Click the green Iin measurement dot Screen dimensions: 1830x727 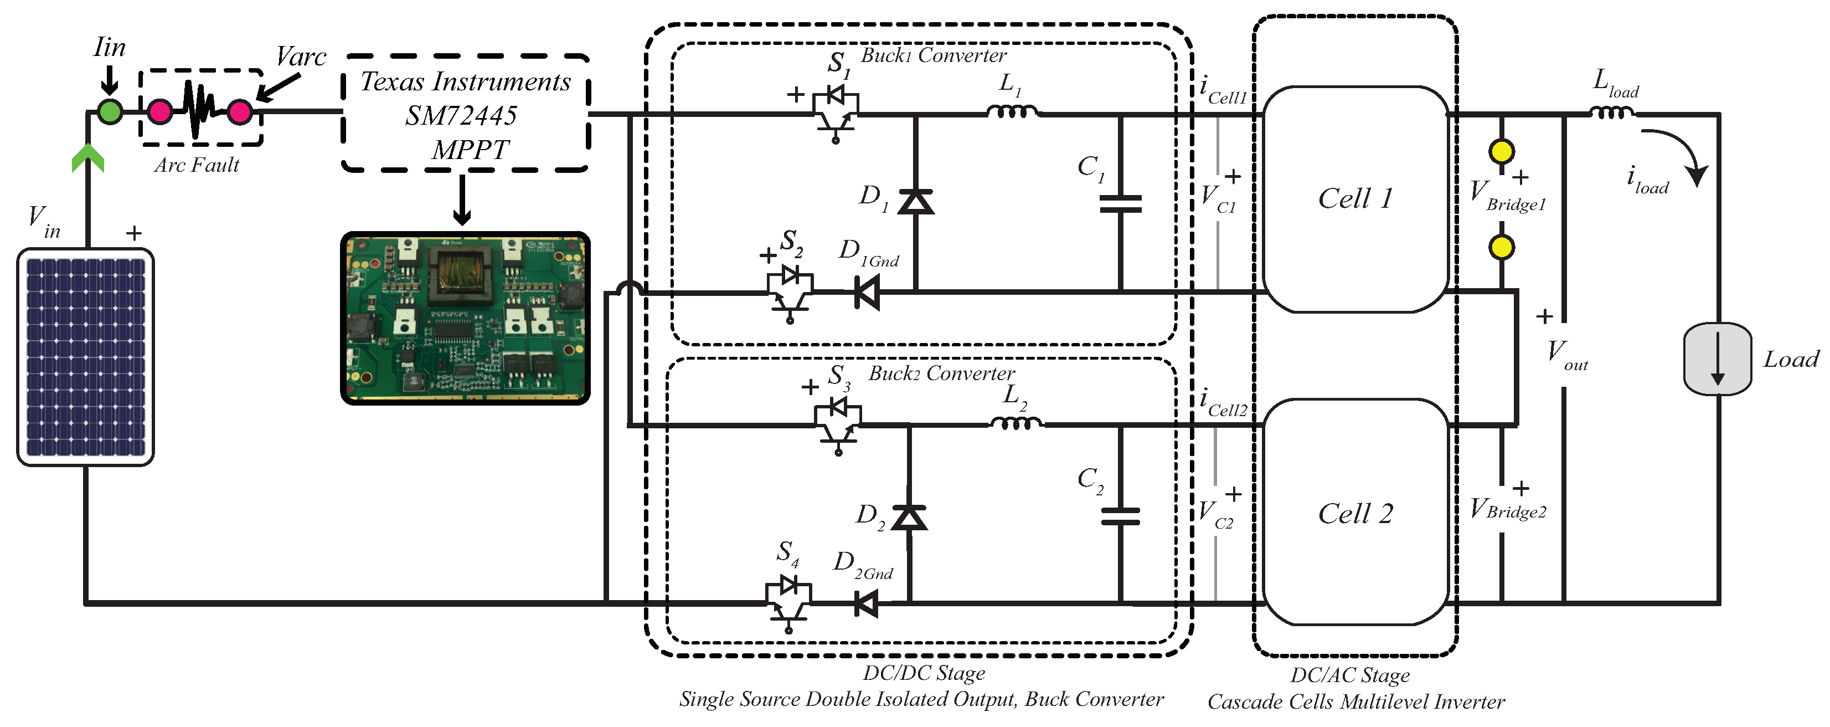(110, 111)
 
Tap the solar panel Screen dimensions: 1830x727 (85, 357)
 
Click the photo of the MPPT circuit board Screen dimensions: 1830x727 (465, 318)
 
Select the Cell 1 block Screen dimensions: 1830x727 (1355, 199)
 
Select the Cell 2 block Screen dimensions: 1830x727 (1355, 511)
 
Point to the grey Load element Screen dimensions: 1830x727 (1718, 359)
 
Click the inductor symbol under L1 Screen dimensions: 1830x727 (1012, 111)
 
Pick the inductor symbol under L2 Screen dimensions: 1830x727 (1016, 423)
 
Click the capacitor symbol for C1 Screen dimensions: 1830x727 (1120, 204)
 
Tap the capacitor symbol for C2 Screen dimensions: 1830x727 (1120, 516)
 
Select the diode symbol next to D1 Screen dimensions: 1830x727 (916, 201)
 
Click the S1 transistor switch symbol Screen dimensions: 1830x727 (836, 114)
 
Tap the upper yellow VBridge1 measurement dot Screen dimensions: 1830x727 (1502, 151)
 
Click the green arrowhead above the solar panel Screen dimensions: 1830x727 (88, 158)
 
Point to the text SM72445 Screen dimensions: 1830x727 (461, 116)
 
